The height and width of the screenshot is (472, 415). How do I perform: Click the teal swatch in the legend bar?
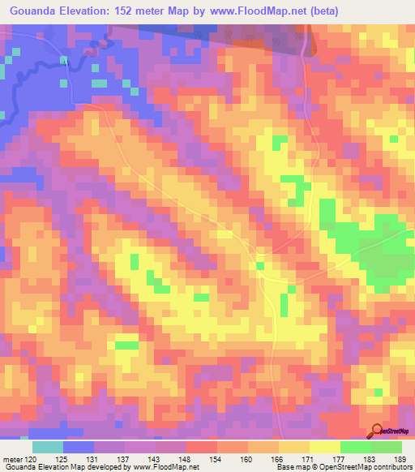[48, 447]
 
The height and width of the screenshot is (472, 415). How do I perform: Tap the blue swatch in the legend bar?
[79, 447]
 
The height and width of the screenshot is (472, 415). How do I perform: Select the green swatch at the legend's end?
[387, 447]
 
